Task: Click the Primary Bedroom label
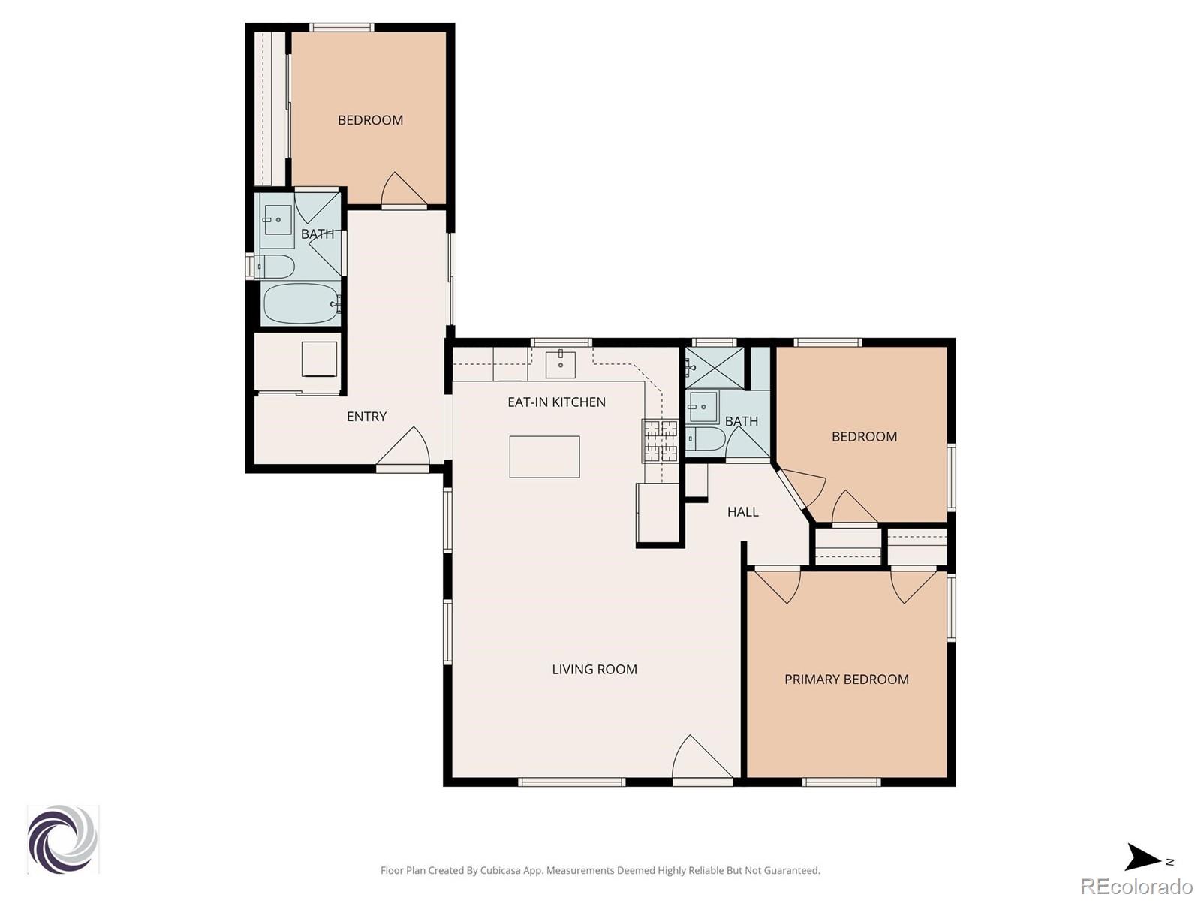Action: [x=846, y=680]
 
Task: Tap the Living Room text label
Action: [x=594, y=669]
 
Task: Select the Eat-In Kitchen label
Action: [x=556, y=402]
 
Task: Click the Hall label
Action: [x=742, y=511]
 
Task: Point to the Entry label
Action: [x=366, y=416]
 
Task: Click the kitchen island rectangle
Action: [x=544, y=457]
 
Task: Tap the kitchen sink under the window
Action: [x=560, y=364]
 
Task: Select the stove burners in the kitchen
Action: [x=661, y=441]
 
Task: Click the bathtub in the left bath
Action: [x=301, y=304]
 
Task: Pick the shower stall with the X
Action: [x=715, y=368]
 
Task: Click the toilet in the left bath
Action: [x=275, y=267]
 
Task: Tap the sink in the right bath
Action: [x=703, y=407]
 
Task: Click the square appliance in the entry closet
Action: [x=319, y=360]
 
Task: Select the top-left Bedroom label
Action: [x=370, y=120]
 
